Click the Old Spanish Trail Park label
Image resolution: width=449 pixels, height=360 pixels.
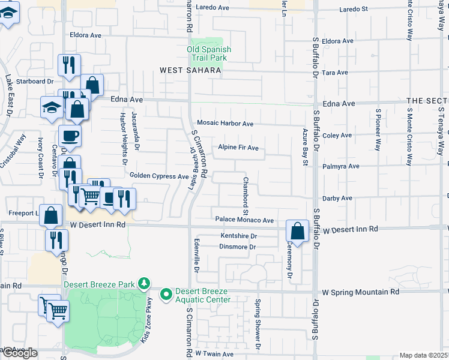(x=209, y=53)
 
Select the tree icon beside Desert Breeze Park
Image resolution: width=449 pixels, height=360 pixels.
(x=143, y=282)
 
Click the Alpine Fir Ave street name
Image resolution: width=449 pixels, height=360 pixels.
(x=238, y=148)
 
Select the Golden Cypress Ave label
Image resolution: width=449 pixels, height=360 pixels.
(x=159, y=176)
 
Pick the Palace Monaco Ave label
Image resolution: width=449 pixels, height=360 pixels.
(x=244, y=220)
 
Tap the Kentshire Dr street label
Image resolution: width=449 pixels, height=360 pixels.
(x=238, y=236)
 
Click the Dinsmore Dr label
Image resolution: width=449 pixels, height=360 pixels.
(x=238, y=247)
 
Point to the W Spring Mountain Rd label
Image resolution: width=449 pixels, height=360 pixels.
(x=360, y=292)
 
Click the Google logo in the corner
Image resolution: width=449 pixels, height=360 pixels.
(x=20, y=353)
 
